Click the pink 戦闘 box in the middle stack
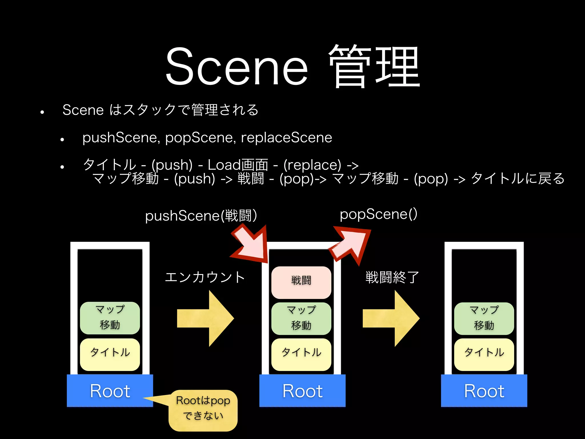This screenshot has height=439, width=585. (301, 282)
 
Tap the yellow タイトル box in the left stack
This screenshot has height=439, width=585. (110, 354)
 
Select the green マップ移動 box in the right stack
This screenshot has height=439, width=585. (484, 318)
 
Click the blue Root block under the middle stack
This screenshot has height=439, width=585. (302, 390)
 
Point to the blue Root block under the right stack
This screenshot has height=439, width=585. (484, 390)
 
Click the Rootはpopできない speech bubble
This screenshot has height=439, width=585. (203, 410)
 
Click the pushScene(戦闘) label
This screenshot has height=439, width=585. (201, 215)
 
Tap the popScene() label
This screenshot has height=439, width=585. (378, 214)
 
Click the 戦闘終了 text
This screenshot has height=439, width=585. (392, 277)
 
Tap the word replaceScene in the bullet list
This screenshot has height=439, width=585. (287, 138)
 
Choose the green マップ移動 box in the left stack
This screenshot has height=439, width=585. (110, 318)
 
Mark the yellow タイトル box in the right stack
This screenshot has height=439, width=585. (484, 354)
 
